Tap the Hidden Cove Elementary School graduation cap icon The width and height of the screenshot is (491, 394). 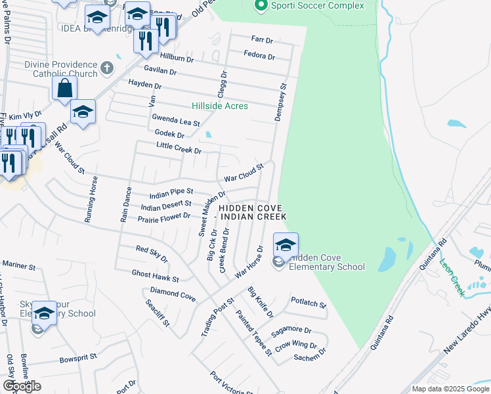click(286, 246)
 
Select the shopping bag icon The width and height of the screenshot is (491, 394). click(66, 88)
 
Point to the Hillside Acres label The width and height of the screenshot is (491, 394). click(220, 106)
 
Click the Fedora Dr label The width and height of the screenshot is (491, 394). click(259, 55)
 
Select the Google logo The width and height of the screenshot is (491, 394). click(22, 386)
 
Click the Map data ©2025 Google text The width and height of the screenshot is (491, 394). click(450, 389)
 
